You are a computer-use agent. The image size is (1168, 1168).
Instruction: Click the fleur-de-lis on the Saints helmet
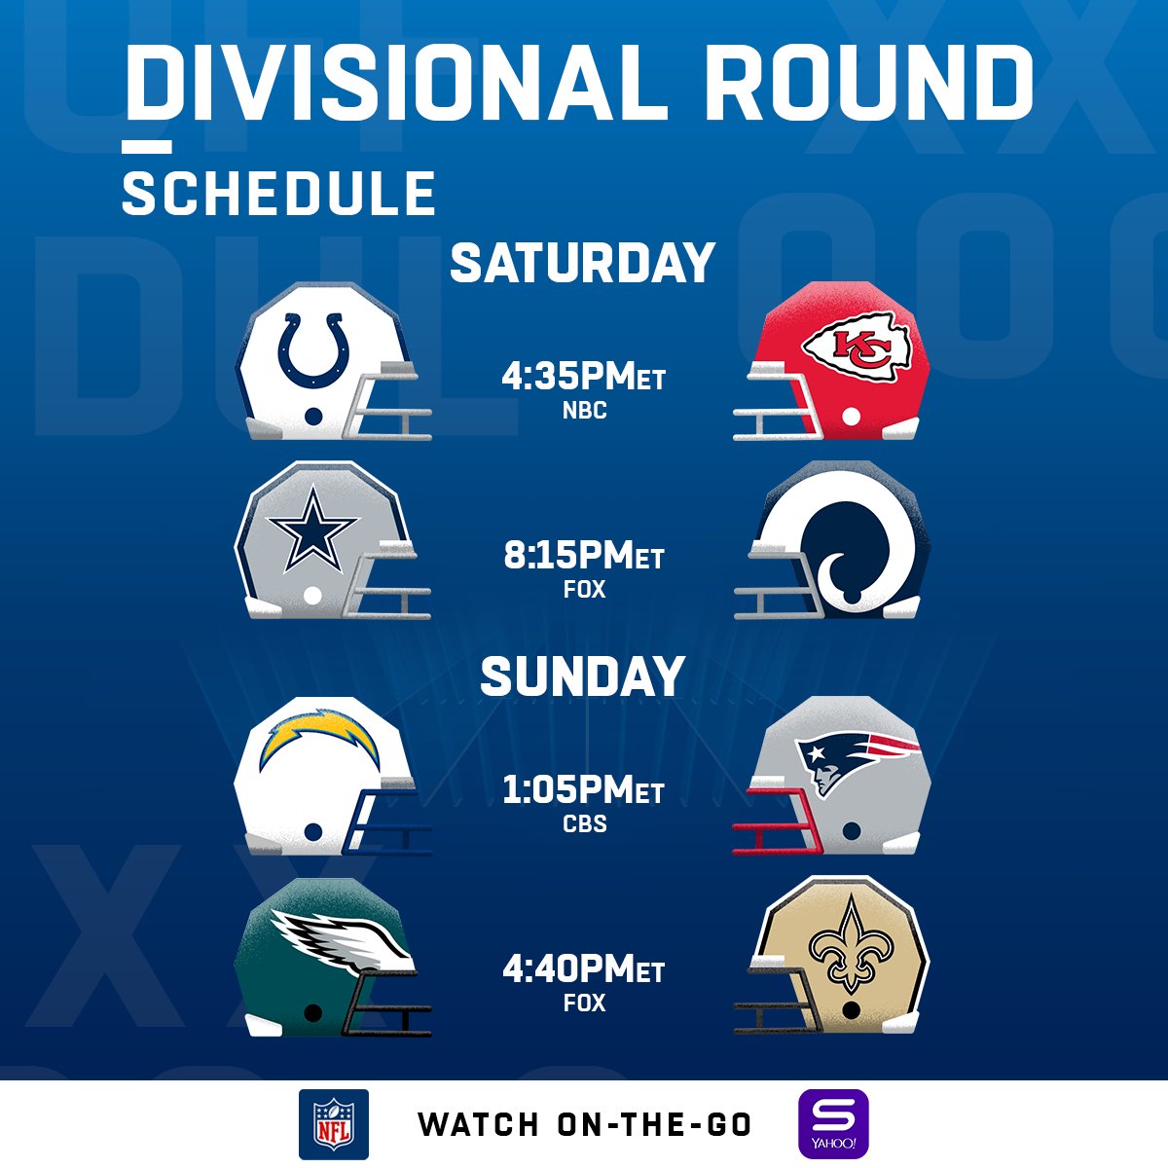tap(852, 943)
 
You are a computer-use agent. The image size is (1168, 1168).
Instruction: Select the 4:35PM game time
tap(583, 376)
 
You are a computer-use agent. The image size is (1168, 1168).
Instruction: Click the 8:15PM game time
tap(583, 556)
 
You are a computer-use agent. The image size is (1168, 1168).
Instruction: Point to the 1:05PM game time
tap(583, 790)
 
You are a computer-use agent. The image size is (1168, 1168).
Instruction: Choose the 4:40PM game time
tap(583, 969)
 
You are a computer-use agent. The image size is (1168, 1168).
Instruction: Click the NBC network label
tap(584, 411)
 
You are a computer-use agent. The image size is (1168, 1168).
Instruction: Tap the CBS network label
tap(584, 823)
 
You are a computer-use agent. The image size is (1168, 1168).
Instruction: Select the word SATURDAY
tap(582, 264)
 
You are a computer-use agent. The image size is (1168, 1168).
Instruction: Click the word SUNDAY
tap(582, 676)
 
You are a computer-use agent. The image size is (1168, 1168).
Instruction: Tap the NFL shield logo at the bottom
tap(334, 1124)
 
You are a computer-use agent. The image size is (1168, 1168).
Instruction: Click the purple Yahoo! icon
tap(833, 1124)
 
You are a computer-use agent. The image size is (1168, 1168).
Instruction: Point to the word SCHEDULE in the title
tap(278, 193)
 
